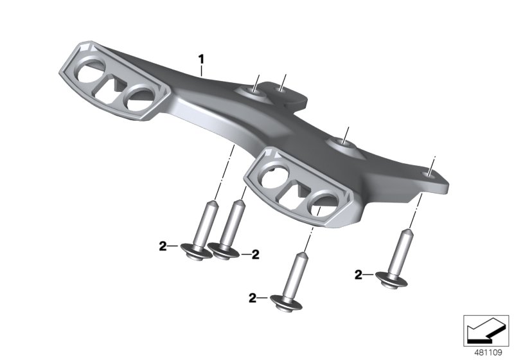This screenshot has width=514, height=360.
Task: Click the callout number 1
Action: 201,60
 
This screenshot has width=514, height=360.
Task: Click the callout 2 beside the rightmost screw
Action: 358,275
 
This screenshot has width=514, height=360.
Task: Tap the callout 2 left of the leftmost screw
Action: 163,245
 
